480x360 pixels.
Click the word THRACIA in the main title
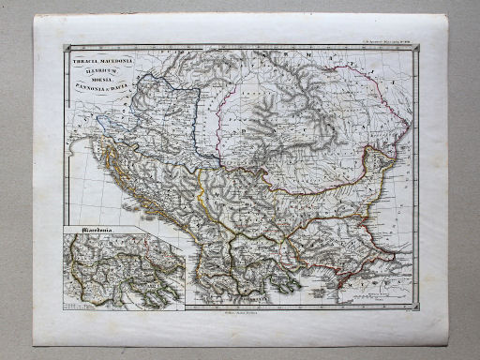tap(85, 58)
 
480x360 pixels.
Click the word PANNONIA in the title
tap(91, 82)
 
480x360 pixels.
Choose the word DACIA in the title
tap(127, 82)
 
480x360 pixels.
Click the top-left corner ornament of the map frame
tap(65, 48)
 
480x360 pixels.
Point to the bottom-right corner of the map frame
tap(417, 306)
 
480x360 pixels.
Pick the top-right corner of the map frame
tap(417, 47)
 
